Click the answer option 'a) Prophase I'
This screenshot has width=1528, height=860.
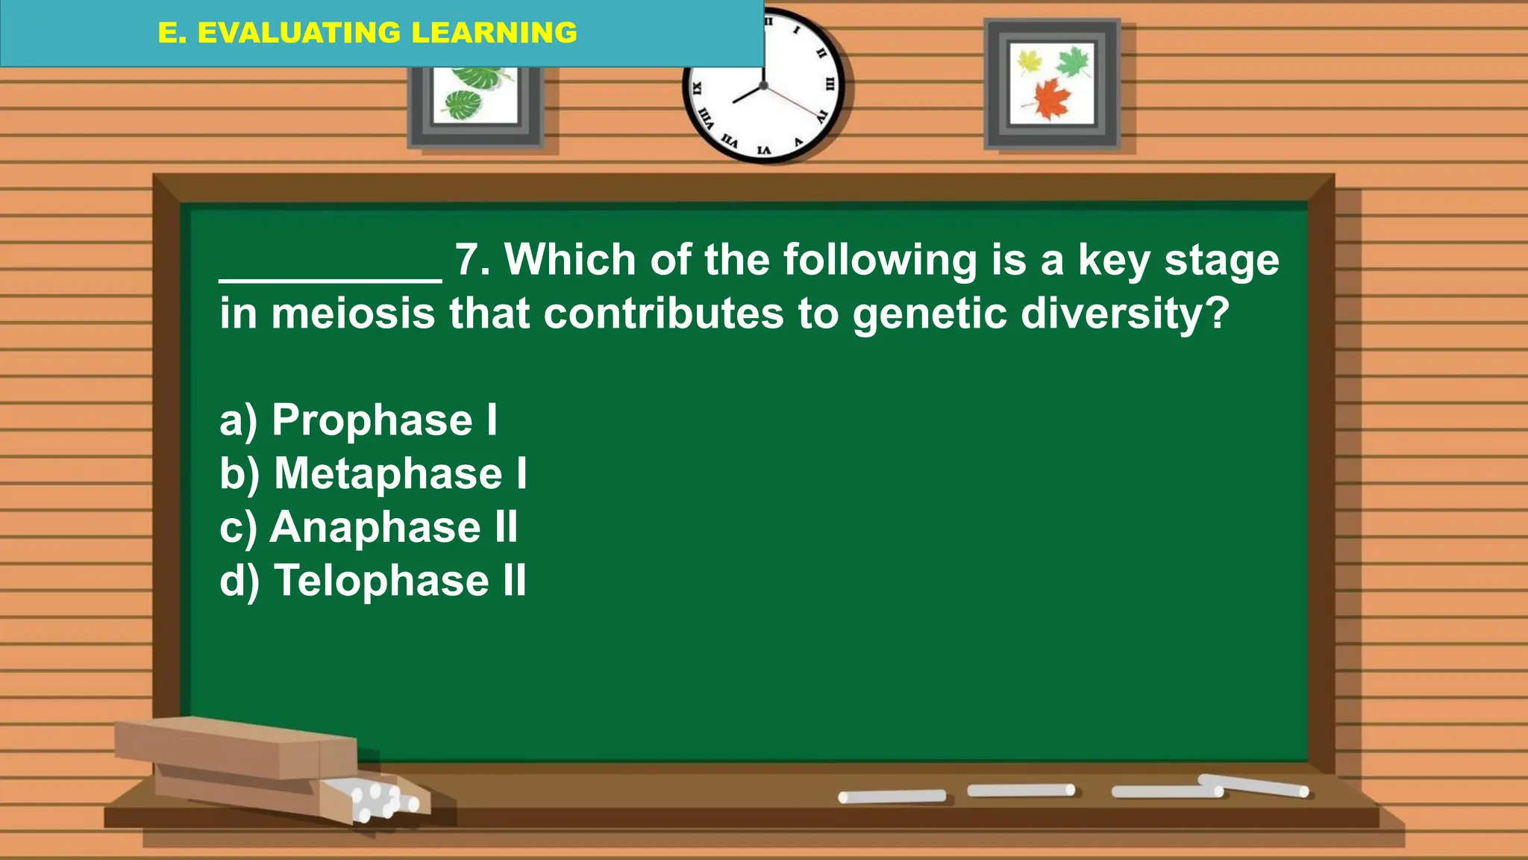(358, 420)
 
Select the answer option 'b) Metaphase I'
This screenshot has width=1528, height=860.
(373, 473)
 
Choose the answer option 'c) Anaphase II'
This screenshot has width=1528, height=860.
(369, 527)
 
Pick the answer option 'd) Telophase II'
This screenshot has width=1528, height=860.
(373, 581)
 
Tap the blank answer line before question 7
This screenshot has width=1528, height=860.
(331, 278)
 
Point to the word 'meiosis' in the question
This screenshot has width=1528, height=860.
(353, 314)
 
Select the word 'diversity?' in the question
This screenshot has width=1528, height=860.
(1124, 314)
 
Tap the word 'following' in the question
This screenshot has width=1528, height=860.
(880, 260)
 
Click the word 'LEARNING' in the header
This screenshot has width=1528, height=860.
(494, 33)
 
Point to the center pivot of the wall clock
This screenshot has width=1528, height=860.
(763, 86)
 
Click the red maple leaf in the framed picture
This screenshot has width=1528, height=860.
(1053, 99)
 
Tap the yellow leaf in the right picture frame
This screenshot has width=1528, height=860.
(1030, 60)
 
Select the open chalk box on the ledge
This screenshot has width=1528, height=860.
(254, 765)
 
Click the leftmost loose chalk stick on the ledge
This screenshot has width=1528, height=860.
(892, 797)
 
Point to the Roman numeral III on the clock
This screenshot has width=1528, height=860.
(829, 84)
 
